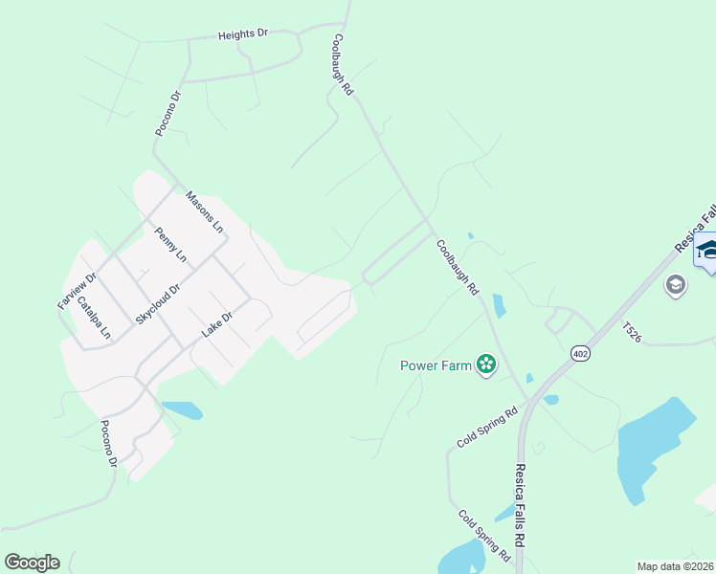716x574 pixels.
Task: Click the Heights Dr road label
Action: pos(242,34)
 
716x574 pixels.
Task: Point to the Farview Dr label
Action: pos(78,291)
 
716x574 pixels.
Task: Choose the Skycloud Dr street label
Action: pos(158,302)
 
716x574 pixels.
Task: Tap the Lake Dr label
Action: pos(217,324)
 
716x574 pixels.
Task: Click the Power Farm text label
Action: pos(436,364)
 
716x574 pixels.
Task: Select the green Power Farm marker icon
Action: pos(486,364)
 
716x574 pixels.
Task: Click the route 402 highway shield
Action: pos(581,354)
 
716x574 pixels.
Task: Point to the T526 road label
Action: pos(632,332)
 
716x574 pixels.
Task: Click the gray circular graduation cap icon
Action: pos(676,285)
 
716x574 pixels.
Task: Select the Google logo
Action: pos(32,563)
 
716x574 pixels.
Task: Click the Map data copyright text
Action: pos(676,566)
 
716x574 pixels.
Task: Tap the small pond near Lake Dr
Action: pos(183,410)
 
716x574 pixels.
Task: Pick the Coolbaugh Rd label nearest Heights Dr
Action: pos(343,65)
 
